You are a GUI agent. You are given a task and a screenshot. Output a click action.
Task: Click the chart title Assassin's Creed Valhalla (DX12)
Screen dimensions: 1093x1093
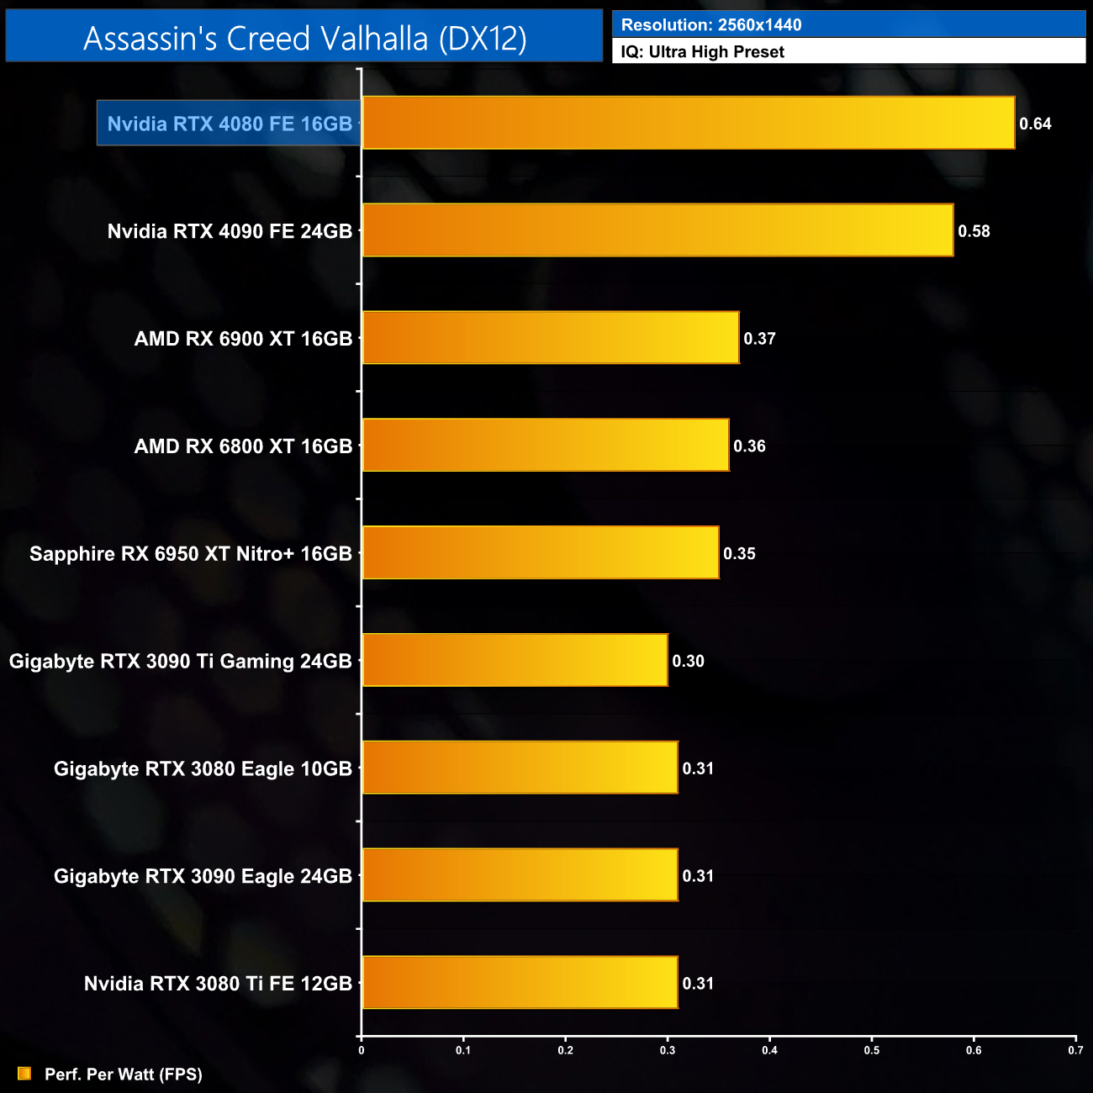pyautogui.click(x=304, y=39)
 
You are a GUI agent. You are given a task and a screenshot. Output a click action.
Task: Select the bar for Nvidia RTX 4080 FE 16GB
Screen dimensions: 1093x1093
pyautogui.click(x=688, y=123)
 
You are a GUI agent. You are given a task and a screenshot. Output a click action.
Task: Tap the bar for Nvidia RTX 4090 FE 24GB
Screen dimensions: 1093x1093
pyautogui.click(x=657, y=230)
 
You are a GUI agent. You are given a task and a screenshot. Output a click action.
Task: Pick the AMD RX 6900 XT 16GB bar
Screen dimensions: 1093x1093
pyautogui.click(x=551, y=338)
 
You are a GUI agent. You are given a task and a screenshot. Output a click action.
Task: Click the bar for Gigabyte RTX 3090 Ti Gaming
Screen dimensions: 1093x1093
pyautogui.click(x=515, y=661)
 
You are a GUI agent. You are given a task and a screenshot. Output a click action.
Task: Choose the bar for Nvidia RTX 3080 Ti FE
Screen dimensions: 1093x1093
pyautogui.click(x=520, y=983)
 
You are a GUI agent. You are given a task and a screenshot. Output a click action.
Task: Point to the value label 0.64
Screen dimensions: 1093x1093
pyautogui.click(x=1035, y=124)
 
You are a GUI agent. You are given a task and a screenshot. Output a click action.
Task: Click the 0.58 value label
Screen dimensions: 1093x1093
pyautogui.click(x=974, y=231)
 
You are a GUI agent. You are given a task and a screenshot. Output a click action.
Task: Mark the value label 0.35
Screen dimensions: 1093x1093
pyautogui.click(x=739, y=554)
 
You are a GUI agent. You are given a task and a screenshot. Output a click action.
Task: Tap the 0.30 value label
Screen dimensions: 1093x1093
pyautogui.click(x=688, y=662)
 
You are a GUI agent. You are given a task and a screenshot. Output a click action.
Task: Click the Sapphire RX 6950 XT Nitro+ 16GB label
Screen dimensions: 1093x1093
pyautogui.click(x=191, y=554)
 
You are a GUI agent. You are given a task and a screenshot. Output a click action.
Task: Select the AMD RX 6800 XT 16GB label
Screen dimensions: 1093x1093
pyautogui.click(x=243, y=446)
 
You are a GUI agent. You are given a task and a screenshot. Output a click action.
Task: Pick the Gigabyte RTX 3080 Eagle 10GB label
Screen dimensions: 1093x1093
pyautogui.click(x=203, y=769)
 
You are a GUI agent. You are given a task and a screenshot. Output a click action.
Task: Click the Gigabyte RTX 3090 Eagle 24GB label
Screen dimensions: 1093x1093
pyautogui.click(x=203, y=876)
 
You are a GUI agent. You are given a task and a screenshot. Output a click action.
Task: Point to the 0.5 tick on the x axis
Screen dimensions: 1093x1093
pyautogui.click(x=872, y=1050)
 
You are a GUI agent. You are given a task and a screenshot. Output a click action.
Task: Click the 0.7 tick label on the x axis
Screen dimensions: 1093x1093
pyautogui.click(x=1075, y=1050)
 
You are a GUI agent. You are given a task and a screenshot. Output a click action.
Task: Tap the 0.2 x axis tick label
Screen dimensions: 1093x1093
pyautogui.click(x=566, y=1050)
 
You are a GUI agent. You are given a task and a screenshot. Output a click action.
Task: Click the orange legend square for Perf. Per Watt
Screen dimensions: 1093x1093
pyautogui.click(x=24, y=1074)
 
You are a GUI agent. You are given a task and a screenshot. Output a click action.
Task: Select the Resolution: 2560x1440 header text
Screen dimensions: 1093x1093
pyautogui.click(x=711, y=25)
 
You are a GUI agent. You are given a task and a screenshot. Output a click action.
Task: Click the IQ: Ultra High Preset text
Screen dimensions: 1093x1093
pyautogui.click(x=702, y=52)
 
